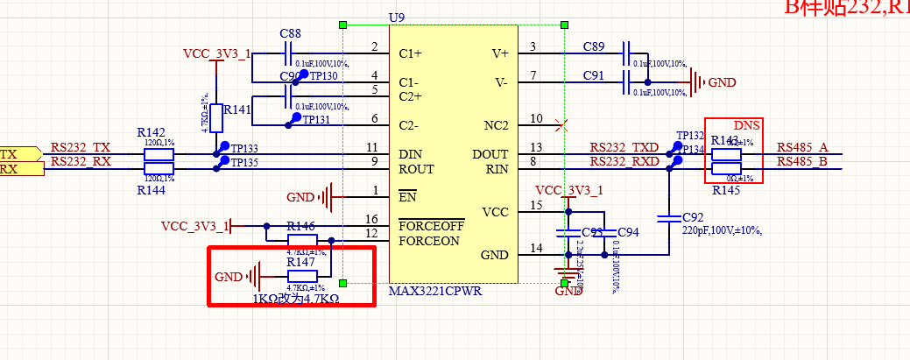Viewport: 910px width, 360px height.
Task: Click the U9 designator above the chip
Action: click(x=397, y=17)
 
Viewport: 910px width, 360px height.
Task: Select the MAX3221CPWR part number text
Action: click(x=435, y=291)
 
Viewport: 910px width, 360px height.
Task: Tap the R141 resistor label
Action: click(x=237, y=110)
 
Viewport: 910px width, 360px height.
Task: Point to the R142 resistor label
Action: click(x=152, y=132)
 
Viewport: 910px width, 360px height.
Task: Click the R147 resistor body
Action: click(x=302, y=277)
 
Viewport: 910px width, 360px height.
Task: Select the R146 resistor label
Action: click(x=301, y=226)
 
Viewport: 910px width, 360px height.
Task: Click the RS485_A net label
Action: click(x=801, y=147)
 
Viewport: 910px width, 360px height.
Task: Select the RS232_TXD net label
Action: click(x=624, y=147)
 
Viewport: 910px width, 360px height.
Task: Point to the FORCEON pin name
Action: click(x=429, y=241)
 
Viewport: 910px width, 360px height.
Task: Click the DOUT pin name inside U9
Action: click(x=490, y=154)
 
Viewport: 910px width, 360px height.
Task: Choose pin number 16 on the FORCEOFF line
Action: click(x=372, y=219)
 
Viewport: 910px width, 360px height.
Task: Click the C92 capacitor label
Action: click(x=693, y=217)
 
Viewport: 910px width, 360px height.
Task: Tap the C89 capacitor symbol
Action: click(x=627, y=53)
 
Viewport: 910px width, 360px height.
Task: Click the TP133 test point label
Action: click(x=244, y=149)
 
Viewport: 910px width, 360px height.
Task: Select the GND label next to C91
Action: click(x=722, y=82)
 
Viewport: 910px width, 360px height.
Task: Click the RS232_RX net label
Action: click(x=81, y=161)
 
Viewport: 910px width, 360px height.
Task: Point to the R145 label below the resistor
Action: click(x=726, y=190)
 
